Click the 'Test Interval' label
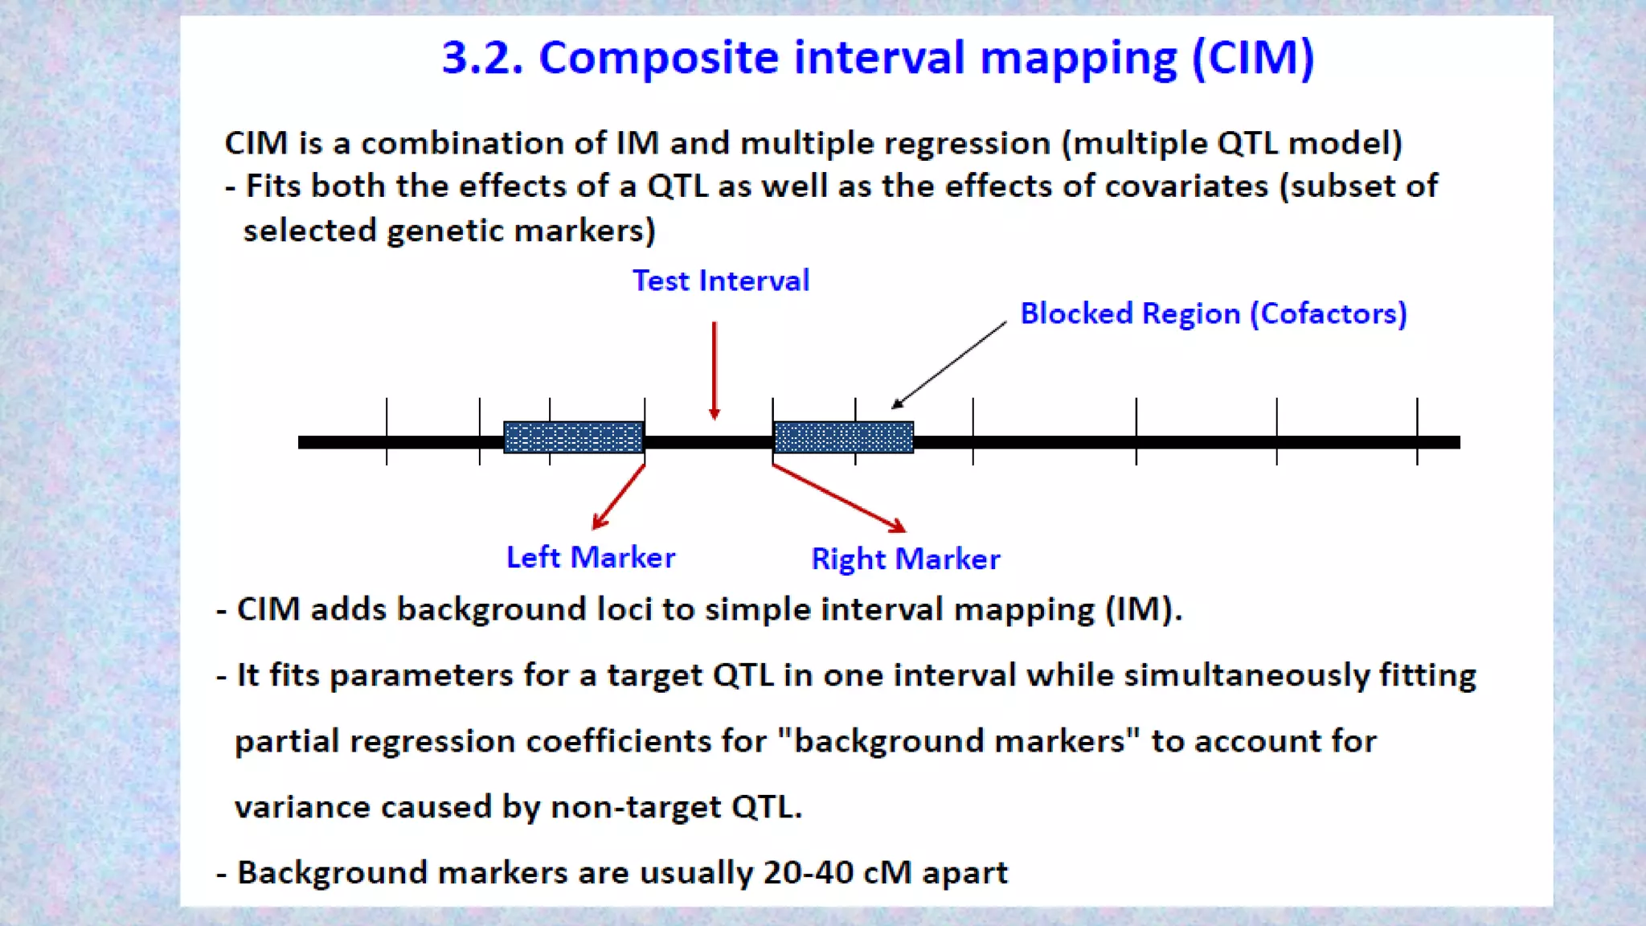pos(720,281)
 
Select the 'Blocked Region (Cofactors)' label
pos(1213,313)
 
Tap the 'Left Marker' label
pos(591,557)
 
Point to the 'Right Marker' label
pos(906,559)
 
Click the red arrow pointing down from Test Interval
pos(714,370)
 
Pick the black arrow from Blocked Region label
pos(949,365)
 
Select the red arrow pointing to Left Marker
pos(618,498)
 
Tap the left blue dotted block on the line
pos(574,437)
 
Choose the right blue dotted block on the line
pos(843,437)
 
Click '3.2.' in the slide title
pos(482,58)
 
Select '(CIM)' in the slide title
pos(1253,58)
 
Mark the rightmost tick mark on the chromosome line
pos(1417,431)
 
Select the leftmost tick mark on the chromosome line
pos(387,431)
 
